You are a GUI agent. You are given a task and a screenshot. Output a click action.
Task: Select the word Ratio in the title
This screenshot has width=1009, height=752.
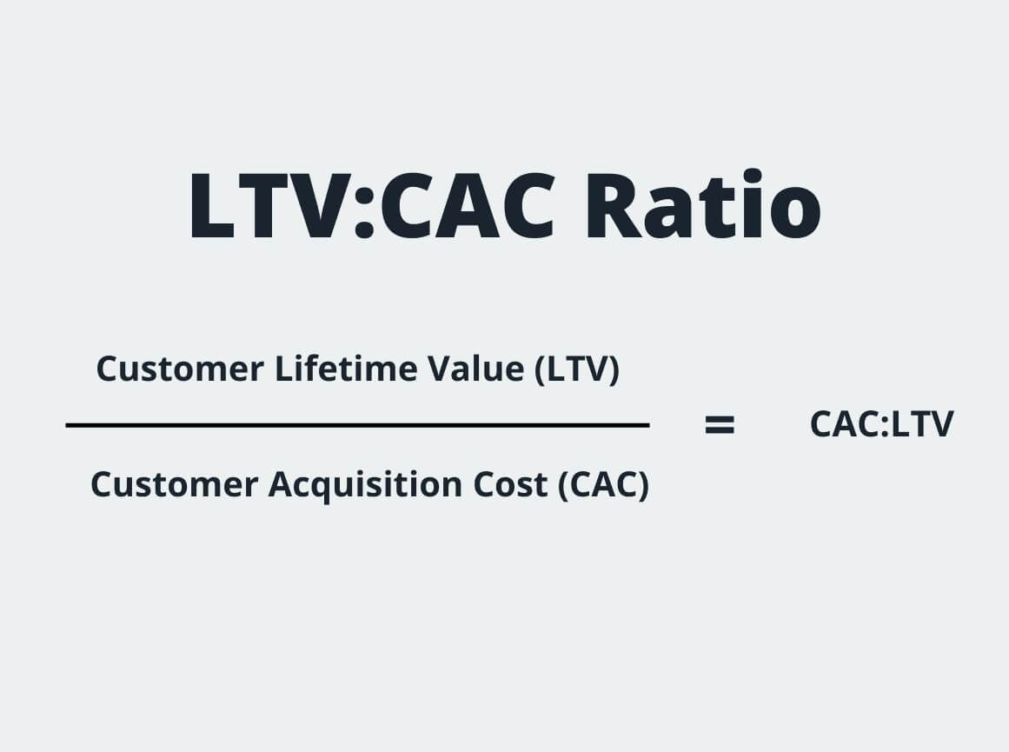pyautogui.click(x=702, y=207)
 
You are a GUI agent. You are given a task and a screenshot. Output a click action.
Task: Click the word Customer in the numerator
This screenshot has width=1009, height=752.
pyautogui.click(x=179, y=369)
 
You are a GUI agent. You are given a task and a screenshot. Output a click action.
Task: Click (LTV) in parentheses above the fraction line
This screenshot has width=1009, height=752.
pyautogui.click(x=576, y=369)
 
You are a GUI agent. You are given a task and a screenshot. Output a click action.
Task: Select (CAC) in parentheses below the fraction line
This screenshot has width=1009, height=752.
pyautogui.click(x=603, y=484)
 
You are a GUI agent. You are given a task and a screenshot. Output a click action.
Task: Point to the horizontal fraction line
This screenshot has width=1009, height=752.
pyautogui.click(x=357, y=425)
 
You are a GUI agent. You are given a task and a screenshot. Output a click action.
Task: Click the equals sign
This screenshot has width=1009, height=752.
pyautogui.click(x=720, y=425)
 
